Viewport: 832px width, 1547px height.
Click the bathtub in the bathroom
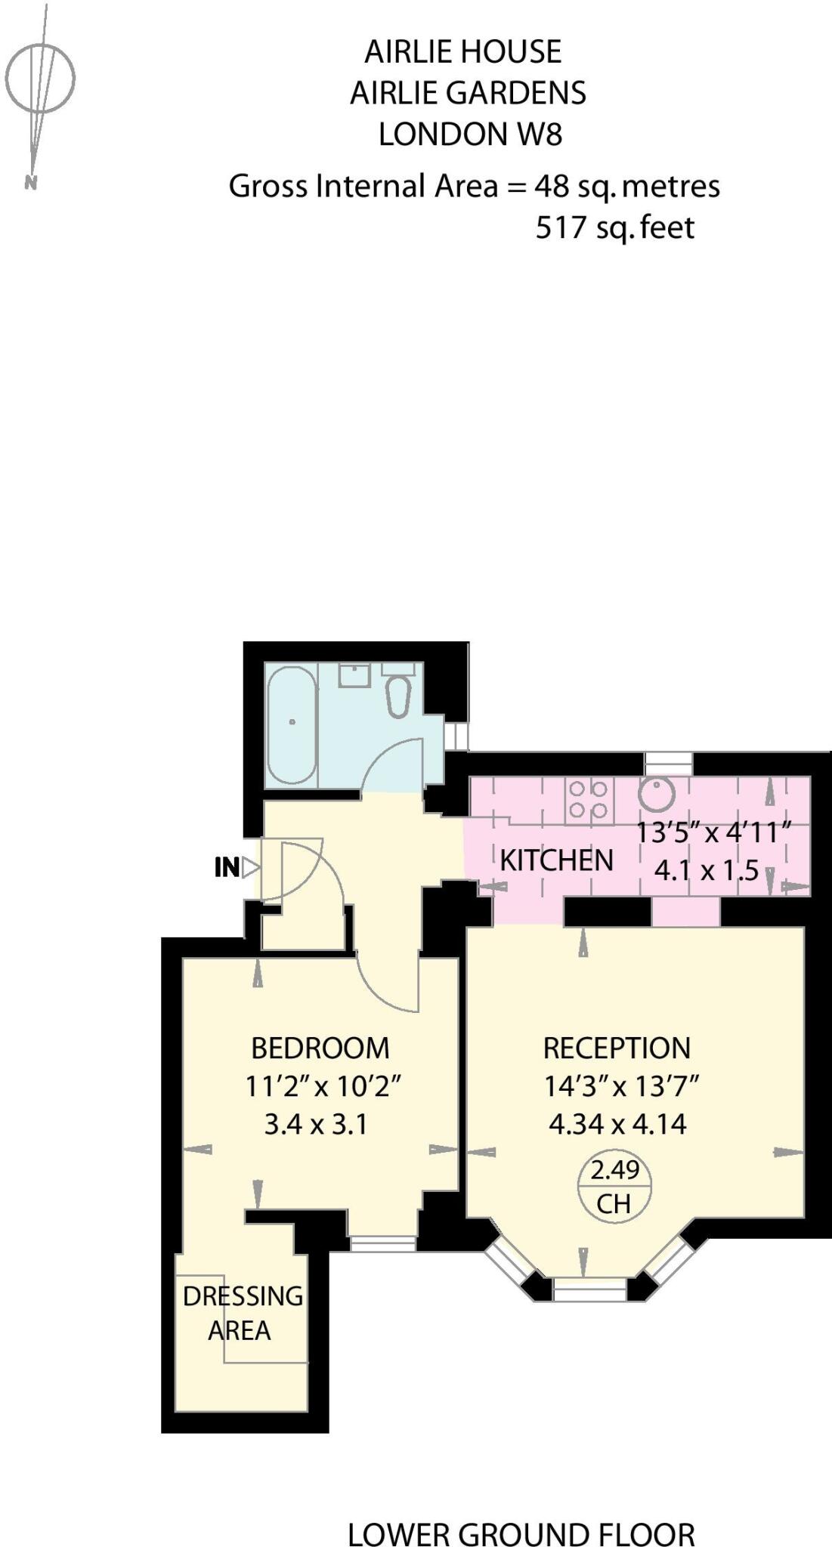tap(292, 724)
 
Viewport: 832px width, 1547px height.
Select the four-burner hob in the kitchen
tap(589, 800)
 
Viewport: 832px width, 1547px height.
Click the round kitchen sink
tap(657, 792)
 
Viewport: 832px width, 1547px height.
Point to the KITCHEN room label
tap(556, 860)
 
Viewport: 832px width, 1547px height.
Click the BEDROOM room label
tap(320, 1048)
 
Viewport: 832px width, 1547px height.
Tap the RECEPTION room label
tap(617, 1048)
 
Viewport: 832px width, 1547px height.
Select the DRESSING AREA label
tap(242, 1313)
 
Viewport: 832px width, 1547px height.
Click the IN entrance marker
tap(227, 867)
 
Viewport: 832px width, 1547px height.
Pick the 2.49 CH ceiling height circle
tap(614, 1186)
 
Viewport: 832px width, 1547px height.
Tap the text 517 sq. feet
tap(614, 227)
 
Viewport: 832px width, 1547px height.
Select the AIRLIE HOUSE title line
tap(463, 52)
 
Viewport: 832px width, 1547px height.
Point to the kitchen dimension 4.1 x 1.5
tap(706, 870)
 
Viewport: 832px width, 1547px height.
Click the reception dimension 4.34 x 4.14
tap(617, 1124)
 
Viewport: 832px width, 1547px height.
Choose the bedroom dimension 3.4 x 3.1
tap(316, 1125)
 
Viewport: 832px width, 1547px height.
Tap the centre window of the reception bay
tap(589, 1289)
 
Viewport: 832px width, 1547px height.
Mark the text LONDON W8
tap(470, 134)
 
